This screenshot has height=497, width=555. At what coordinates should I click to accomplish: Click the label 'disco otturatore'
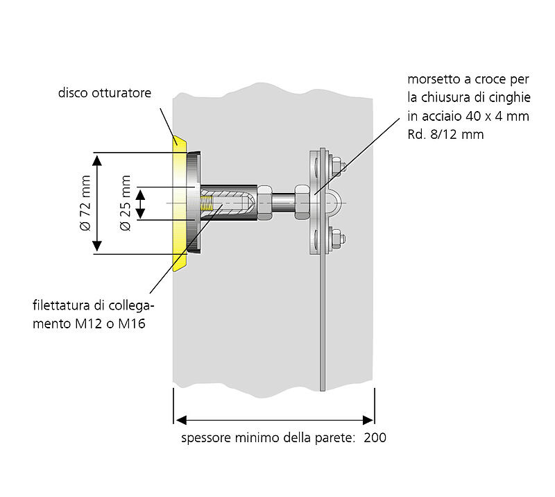104,93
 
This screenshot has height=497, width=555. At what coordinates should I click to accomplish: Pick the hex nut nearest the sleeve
264,203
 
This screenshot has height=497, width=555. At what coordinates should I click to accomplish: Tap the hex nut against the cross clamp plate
302,201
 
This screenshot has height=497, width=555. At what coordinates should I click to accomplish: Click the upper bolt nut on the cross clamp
337,165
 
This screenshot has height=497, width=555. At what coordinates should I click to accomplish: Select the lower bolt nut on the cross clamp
337,240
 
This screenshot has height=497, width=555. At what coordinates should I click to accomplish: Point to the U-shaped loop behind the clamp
334,203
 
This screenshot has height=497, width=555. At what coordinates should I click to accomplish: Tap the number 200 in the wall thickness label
375,438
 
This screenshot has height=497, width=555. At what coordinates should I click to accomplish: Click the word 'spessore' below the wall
204,439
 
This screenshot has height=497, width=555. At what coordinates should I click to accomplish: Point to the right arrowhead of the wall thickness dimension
370,419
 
